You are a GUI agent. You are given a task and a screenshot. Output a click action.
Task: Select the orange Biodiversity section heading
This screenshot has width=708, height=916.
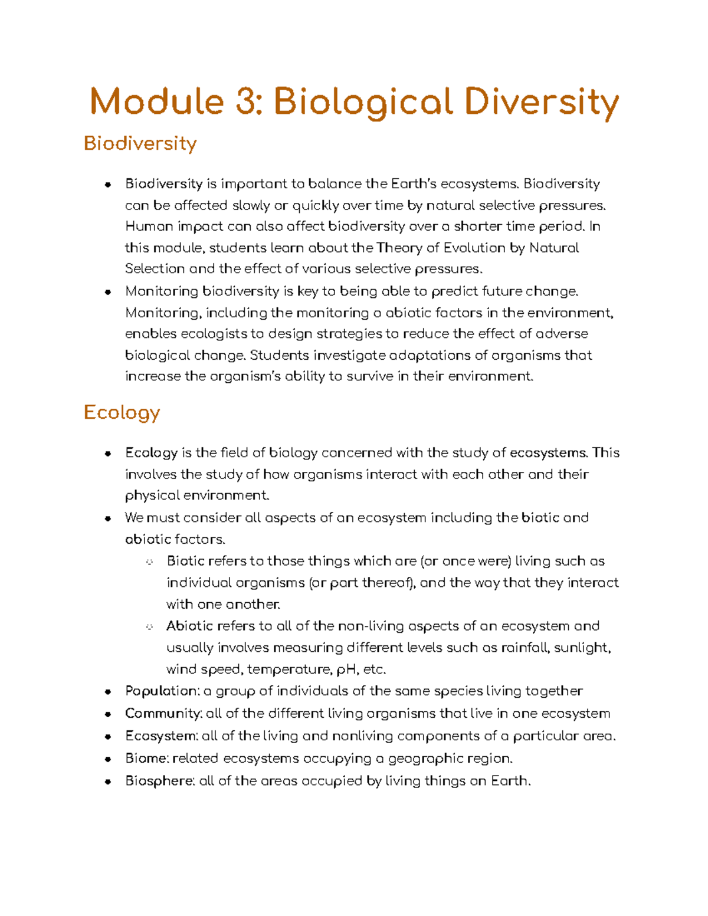(x=140, y=143)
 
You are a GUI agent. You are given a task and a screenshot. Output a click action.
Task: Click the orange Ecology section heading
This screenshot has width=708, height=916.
(x=122, y=412)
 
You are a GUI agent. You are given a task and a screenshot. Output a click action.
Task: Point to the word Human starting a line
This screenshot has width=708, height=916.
(x=149, y=226)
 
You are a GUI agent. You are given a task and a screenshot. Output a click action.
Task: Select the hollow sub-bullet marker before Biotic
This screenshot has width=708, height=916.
(x=149, y=562)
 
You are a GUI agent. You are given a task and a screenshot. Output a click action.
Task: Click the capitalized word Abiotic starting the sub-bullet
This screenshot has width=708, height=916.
(x=189, y=626)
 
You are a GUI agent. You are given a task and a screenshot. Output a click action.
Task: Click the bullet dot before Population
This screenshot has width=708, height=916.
(x=107, y=692)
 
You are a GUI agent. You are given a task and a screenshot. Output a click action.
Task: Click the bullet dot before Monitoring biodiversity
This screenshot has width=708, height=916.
(x=107, y=292)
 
